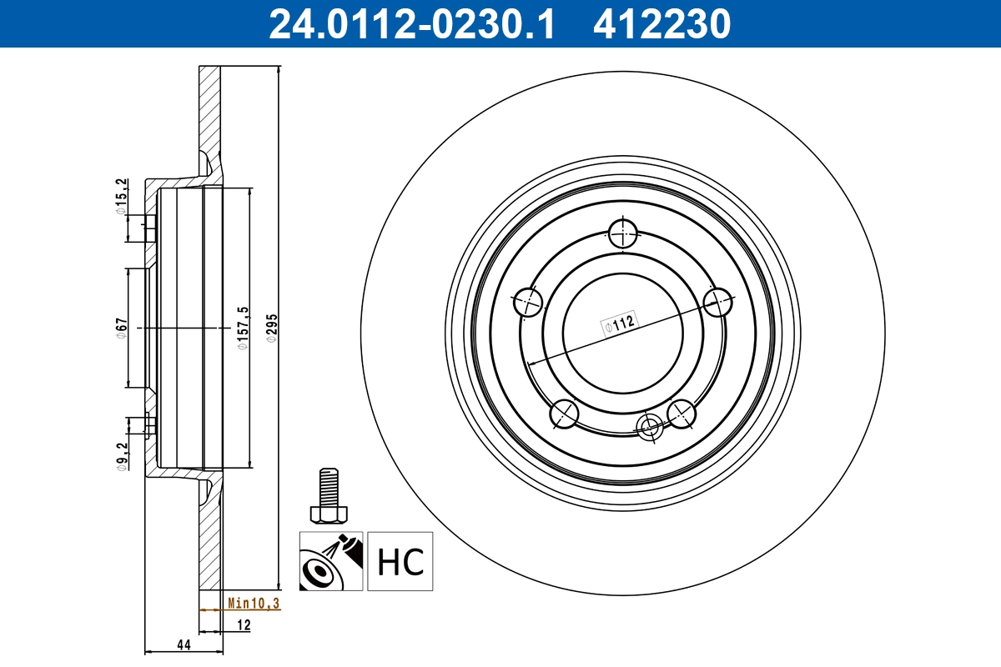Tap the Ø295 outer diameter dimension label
click(270, 328)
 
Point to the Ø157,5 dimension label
click(243, 328)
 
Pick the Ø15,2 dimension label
click(121, 197)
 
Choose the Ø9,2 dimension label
click(121, 458)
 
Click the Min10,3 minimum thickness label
click(254, 604)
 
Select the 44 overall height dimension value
click(183, 644)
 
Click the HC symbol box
click(400, 561)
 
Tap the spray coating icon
click(331, 561)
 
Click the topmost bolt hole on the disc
click(622, 233)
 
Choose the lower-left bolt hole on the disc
click(564, 413)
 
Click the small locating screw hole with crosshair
click(648, 427)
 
